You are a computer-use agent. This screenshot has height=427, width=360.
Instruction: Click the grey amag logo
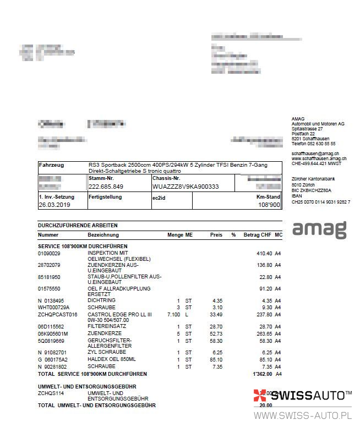pos(319,229)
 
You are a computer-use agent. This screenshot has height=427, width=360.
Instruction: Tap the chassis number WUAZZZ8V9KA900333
pos(185,187)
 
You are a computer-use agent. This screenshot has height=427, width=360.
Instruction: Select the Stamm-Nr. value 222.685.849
pos(106,187)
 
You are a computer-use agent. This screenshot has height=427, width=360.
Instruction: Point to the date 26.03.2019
pos(55,205)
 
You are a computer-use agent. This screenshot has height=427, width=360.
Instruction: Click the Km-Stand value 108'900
pos(269,205)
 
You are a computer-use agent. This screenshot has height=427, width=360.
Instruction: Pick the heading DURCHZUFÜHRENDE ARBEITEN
pos(78,225)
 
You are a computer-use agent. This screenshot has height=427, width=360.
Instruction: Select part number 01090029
pos(49,253)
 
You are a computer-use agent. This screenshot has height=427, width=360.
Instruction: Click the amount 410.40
pos(264,253)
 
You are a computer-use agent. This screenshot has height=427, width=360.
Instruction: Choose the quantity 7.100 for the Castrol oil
pos(173,314)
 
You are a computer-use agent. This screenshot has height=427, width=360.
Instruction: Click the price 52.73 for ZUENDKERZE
pos(215,333)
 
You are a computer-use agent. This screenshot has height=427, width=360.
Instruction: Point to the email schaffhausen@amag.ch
pos(315,154)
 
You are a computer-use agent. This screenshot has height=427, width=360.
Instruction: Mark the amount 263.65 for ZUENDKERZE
pos(264,333)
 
